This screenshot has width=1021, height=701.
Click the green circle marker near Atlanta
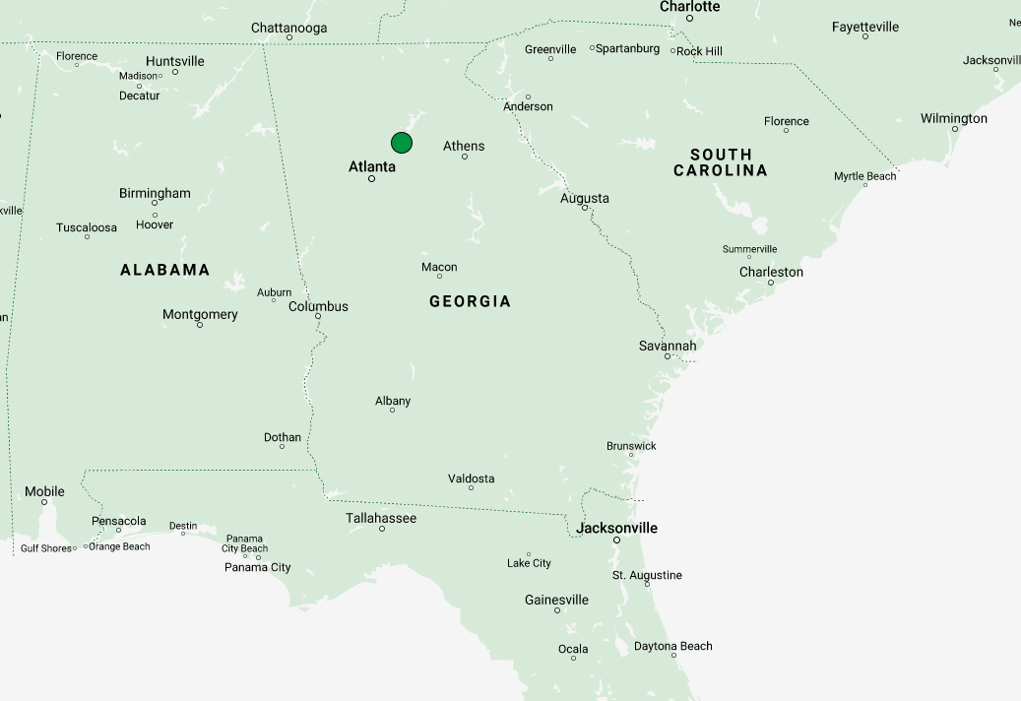click(x=402, y=143)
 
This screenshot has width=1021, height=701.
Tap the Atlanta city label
click(x=372, y=166)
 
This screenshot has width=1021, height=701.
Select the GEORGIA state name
click(x=471, y=301)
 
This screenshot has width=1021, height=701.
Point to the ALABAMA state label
click(x=165, y=270)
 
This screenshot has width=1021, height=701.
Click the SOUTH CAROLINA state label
click(x=721, y=162)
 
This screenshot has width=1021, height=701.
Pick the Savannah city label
click(x=668, y=346)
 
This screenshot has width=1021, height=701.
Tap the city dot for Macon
click(x=440, y=277)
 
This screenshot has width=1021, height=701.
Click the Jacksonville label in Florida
click(x=617, y=528)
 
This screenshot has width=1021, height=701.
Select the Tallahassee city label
click(x=381, y=518)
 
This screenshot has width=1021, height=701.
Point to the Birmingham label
click(x=155, y=193)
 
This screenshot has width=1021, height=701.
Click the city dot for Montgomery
click(x=200, y=325)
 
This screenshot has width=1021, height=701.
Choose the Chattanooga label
click(x=289, y=28)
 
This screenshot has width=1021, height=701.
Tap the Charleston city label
click(x=771, y=272)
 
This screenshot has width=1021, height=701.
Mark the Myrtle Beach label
click(x=865, y=176)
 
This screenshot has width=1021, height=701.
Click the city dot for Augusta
click(x=585, y=208)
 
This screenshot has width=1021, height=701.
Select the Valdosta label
click(x=472, y=478)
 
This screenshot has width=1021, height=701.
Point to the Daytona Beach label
click(x=672, y=646)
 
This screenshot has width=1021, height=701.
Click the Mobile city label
click(x=44, y=491)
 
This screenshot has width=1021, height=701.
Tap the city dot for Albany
click(x=392, y=410)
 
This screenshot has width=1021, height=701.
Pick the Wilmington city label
click(x=954, y=118)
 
